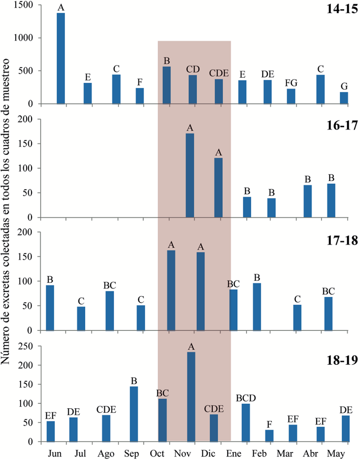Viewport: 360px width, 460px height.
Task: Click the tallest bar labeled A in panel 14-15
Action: pyautogui.click(x=61, y=58)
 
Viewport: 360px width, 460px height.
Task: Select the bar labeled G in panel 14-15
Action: pyautogui.click(x=344, y=98)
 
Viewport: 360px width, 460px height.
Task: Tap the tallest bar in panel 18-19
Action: pyautogui.click(x=191, y=397)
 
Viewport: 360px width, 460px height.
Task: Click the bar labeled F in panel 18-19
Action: pyautogui.click(x=269, y=436)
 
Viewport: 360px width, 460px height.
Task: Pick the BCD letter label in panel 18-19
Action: pyautogui.click(x=246, y=398)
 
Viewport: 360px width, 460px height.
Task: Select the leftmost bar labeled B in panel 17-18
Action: pyautogui.click(x=50, y=308)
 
